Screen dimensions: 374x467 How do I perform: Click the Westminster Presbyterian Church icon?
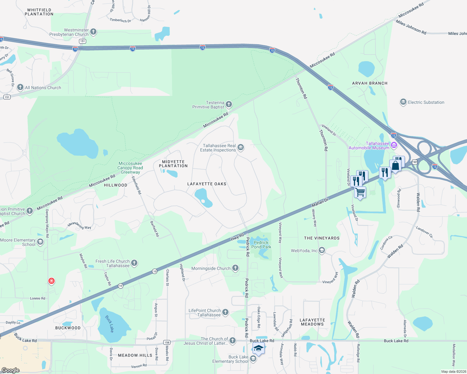click(93, 32)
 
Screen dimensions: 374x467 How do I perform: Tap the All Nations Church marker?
click(20, 87)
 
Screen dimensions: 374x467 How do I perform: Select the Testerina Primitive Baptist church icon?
click(229, 104)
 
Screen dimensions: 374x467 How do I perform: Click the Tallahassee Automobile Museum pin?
click(394, 145)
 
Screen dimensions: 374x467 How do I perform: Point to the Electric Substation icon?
click(403, 102)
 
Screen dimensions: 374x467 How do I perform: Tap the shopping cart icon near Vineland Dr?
click(360, 192)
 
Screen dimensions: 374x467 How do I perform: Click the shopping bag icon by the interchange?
click(395, 165)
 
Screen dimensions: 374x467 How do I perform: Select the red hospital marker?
click(52, 281)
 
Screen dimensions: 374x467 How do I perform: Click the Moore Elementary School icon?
click(40, 242)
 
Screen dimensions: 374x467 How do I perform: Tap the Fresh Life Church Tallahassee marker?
click(134, 263)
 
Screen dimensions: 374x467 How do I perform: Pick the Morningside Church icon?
click(235, 268)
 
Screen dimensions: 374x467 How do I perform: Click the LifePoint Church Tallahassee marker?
click(225, 312)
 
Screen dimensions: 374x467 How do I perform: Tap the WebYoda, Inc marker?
click(322, 250)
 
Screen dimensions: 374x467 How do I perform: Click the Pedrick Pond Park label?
click(261, 245)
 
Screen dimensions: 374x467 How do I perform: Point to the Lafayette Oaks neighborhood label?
click(207, 184)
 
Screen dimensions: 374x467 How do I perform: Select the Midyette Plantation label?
click(173, 164)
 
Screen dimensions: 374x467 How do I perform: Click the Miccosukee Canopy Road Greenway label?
click(130, 168)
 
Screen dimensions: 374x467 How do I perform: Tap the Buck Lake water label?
click(110, 324)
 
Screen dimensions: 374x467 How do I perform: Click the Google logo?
click(11, 370)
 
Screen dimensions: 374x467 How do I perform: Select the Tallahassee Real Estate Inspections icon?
click(241, 147)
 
